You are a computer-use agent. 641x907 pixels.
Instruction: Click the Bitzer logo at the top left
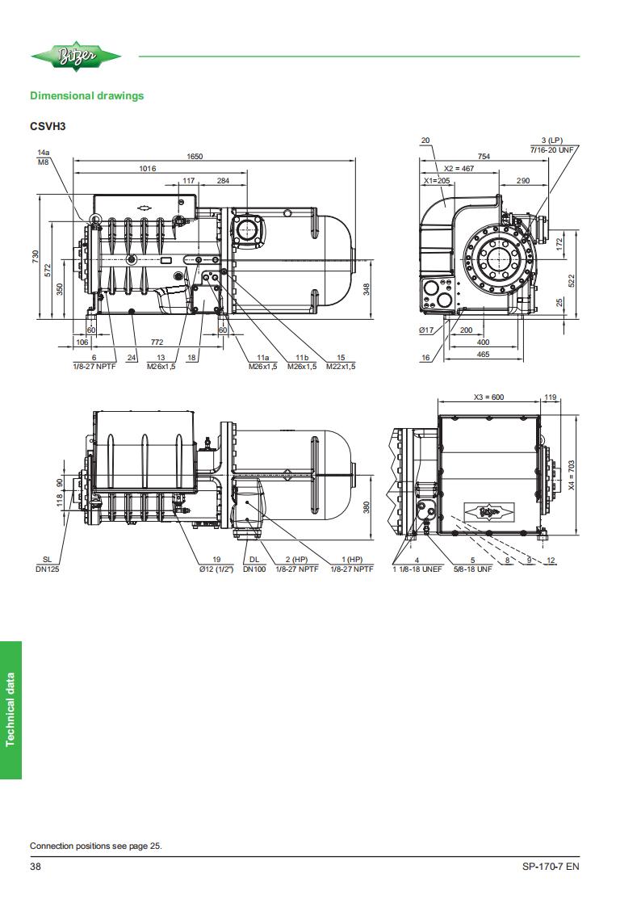(76, 56)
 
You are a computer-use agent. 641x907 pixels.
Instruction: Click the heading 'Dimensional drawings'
(86, 96)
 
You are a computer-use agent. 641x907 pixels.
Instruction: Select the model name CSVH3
(48, 127)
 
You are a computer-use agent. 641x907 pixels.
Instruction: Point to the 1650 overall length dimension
(195, 156)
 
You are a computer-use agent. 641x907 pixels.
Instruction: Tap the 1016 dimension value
(148, 168)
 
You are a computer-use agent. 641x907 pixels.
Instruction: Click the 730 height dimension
(36, 258)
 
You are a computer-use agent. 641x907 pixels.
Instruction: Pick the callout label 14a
(44, 152)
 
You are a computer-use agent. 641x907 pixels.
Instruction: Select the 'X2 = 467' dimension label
(459, 168)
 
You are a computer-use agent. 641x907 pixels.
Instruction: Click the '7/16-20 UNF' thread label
(552, 149)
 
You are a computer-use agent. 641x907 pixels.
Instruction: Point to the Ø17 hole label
(426, 330)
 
